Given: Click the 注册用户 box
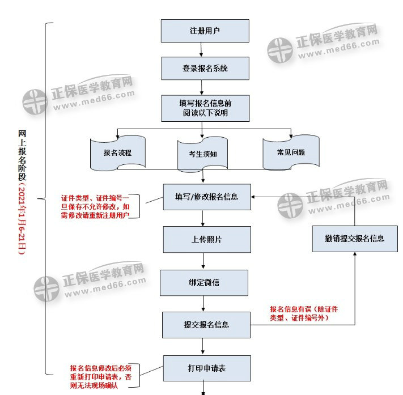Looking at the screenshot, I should pyautogui.click(x=205, y=31).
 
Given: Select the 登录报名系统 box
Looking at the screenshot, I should pyautogui.click(x=205, y=68).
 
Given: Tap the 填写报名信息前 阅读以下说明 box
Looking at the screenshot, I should pyautogui.click(x=205, y=108).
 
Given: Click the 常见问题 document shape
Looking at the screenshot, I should pyautogui.click(x=291, y=152).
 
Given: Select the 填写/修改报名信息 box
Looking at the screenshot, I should pyautogui.click(x=206, y=197).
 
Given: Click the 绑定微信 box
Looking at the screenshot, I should pyautogui.click(x=205, y=281).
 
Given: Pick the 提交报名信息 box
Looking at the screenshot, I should pyautogui.click(x=206, y=325).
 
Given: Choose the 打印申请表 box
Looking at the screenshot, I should pyautogui.click(x=206, y=368).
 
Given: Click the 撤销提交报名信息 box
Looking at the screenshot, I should pyautogui.click(x=355, y=238).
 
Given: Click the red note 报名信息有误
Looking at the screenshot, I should pyautogui.click(x=304, y=313).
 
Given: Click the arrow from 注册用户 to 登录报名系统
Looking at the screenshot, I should pyautogui.click(x=205, y=50).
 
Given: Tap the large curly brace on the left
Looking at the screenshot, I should pyautogui.click(x=48, y=198).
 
